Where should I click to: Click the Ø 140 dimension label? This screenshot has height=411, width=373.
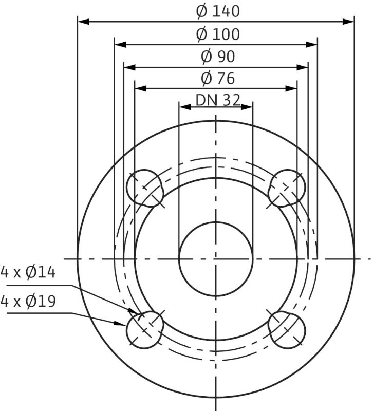[x=218, y=11]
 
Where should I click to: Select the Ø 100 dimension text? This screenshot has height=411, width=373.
[x=218, y=34]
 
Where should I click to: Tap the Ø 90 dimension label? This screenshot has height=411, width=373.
[x=218, y=57]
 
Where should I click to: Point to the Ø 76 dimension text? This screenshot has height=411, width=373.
[x=218, y=79]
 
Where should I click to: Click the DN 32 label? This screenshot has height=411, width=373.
[x=218, y=100]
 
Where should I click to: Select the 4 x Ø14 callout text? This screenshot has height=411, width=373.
[x=28, y=272]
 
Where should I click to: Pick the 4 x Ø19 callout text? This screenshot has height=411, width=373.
[x=28, y=301]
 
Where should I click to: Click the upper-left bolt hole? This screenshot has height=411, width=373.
[x=145, y=188]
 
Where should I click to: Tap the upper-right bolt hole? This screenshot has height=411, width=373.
[x=287, y=188]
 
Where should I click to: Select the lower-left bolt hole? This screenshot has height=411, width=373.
[x=145, y=330]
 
